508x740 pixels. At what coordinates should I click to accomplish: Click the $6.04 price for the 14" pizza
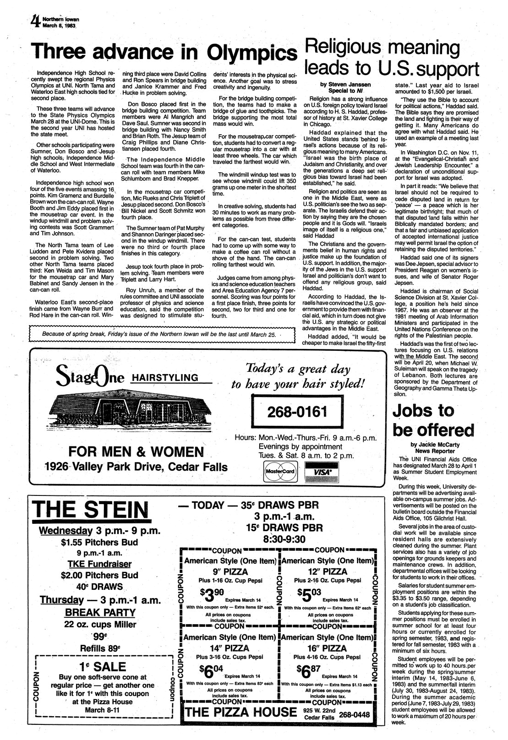point(212,672)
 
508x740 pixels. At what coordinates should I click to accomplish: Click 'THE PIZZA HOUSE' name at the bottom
point(240,712)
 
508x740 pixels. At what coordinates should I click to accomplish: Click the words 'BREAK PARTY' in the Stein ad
point(100,613)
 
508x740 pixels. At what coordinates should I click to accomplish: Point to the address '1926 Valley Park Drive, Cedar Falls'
point(136,467)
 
